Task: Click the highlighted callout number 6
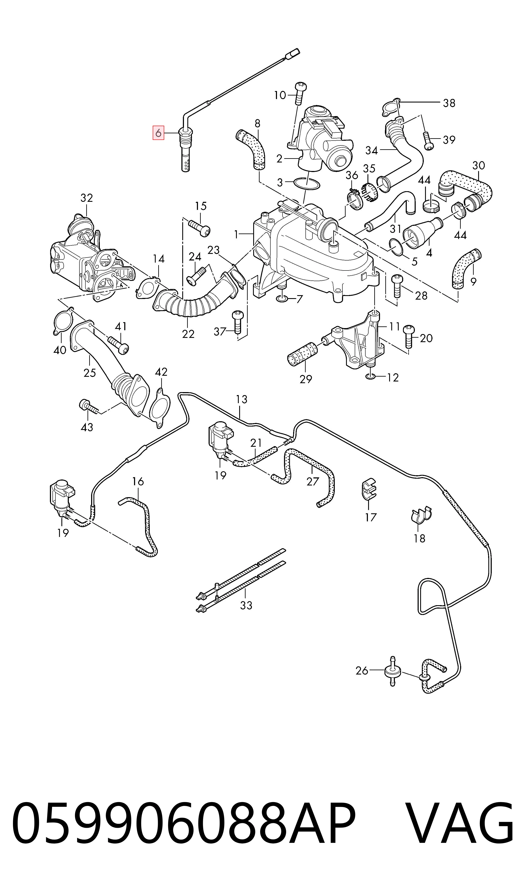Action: (158, 133)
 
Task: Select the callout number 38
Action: (449, 103)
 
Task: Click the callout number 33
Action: (246, 605)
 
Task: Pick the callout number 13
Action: (242, 400)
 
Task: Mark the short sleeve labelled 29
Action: (302, 354)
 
